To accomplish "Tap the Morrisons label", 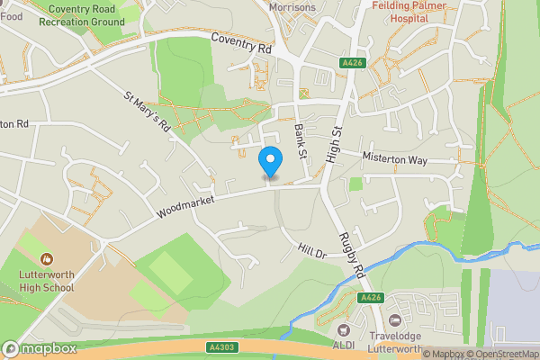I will tap(292, 7).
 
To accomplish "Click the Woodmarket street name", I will tap(184, 202).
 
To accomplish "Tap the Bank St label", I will tap(301, 143).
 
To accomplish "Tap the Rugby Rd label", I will tap(350, 256).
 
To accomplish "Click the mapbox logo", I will tap(40, 348).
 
